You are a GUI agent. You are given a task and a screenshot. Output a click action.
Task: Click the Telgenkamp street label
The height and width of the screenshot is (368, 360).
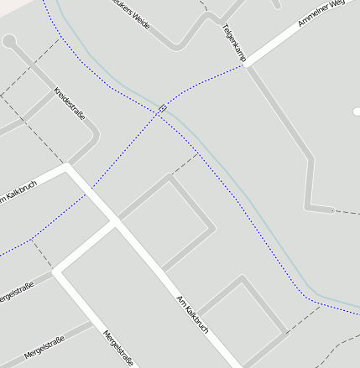(x=234, y=43)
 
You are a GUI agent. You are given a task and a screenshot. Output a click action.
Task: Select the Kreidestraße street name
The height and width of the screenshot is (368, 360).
(x=69, y=103)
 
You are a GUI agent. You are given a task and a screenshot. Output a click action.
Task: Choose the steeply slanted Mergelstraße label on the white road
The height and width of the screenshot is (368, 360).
(x=117, y=348)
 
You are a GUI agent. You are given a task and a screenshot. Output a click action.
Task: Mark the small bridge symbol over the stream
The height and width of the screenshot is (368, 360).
(x=162, y=108)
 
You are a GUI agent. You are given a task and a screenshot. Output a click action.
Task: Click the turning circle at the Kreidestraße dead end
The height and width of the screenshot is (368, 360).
(x=9, y=40)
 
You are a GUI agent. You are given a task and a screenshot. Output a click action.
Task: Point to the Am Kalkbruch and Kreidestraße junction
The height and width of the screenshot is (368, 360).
(x=68, y=167)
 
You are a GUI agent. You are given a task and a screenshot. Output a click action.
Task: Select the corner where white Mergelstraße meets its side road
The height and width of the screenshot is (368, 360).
(x=57, y=271)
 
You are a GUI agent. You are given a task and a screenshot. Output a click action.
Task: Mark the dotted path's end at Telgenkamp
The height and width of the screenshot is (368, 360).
(x=245, y=65)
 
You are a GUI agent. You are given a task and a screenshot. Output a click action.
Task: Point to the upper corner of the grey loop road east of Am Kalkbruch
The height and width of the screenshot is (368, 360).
(x=170, y=177)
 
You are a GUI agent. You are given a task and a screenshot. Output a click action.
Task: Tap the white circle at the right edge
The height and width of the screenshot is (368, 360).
(x=357, y=111)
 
